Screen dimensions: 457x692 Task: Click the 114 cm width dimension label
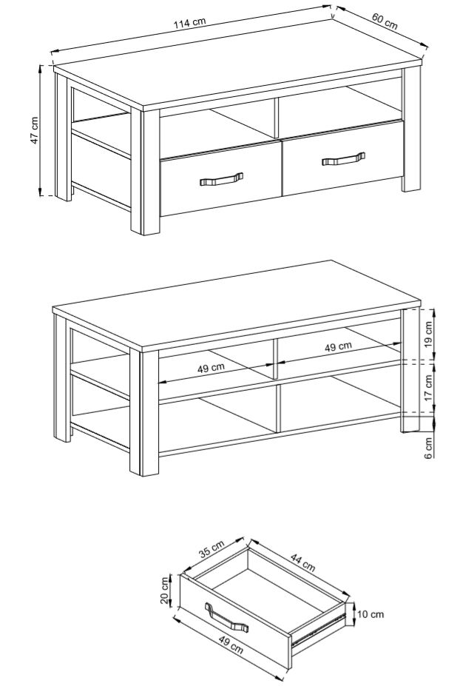[189, 23]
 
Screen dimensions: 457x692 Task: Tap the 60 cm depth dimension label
[385, 21]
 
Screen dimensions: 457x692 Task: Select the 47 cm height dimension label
[35, 130]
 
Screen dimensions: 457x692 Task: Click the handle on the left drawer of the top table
[221, 179]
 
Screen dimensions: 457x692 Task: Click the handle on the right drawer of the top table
[344, 159]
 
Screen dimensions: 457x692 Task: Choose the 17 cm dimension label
[428, 388]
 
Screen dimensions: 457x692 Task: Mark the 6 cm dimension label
[428, 448]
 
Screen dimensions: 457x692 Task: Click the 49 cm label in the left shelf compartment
[211, 367]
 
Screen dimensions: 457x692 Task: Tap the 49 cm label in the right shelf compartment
[339, 346]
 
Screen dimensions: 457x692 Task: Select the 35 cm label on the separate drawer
[211, 549]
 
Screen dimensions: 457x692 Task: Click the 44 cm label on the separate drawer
[302, 562]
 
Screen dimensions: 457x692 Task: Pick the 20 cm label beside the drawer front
[165, 591]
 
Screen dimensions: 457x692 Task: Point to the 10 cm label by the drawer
[370, 614]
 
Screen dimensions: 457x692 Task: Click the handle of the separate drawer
[226, 618]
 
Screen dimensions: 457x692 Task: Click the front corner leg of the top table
[145, 172]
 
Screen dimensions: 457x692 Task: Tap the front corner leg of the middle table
[143, 413]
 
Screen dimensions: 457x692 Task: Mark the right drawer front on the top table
[343, 158]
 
